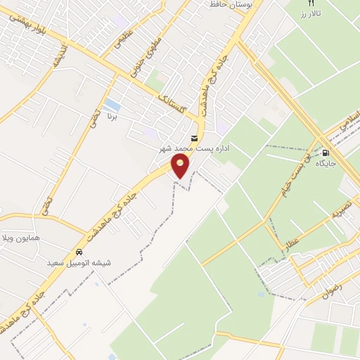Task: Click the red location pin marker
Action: [x=181, y=166]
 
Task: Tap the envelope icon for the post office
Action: [x=195, y=137]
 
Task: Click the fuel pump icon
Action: [x=325, y=153]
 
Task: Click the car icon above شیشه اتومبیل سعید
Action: [x=79, y=252]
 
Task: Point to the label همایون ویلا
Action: [x=22, y=238]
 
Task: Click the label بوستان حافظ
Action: [x=232, y=4]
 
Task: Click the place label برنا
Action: [x=110, y=119]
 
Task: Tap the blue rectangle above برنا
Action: [x=110, y=106]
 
